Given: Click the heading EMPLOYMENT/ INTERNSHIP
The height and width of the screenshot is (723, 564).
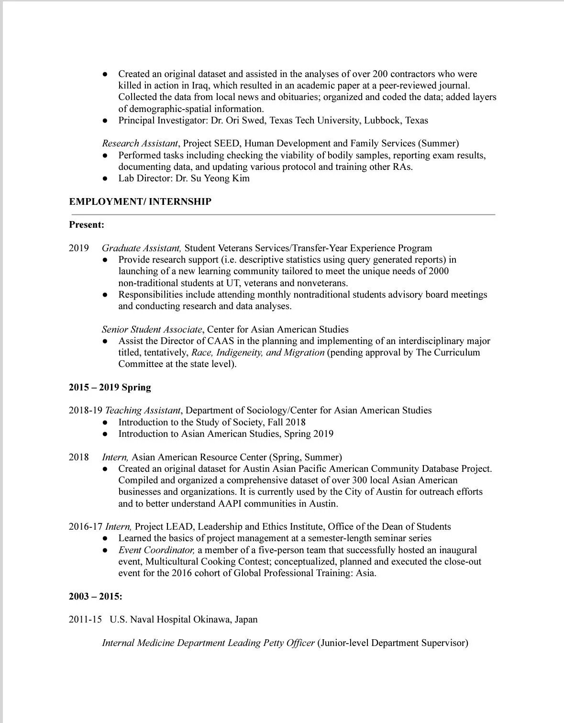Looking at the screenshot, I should pos(140,201).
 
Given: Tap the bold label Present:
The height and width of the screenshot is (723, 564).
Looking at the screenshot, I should pos(87,224).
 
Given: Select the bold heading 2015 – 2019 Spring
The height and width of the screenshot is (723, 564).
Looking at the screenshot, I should pos(110,387).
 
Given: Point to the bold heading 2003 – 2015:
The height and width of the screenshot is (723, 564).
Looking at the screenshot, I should pos(95,596).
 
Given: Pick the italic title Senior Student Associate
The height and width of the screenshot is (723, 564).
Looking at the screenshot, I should pos(152,329).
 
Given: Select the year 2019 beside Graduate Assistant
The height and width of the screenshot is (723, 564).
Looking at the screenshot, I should pos(79,248).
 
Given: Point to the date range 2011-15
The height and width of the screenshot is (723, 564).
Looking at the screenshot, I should pos(85,619).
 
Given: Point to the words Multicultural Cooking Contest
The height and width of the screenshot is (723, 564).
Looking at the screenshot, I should pos(207,561).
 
